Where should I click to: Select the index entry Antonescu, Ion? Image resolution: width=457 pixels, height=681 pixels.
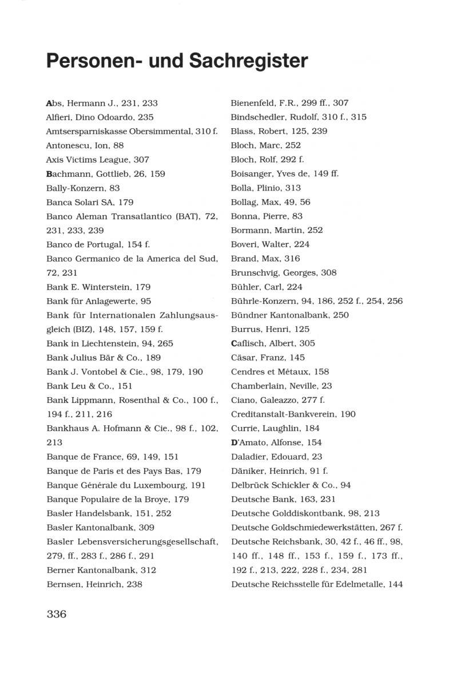85,145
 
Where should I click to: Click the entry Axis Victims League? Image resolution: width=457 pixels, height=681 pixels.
97,160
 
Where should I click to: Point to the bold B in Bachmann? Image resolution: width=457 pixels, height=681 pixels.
49,173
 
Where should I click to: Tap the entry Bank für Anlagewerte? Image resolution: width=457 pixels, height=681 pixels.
98,300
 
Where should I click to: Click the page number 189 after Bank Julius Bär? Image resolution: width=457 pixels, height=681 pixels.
153,358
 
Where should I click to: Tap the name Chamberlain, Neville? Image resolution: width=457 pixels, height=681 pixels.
281,386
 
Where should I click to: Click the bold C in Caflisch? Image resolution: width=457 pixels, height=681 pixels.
233,343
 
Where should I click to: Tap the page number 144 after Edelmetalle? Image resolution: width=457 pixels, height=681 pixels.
395,584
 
